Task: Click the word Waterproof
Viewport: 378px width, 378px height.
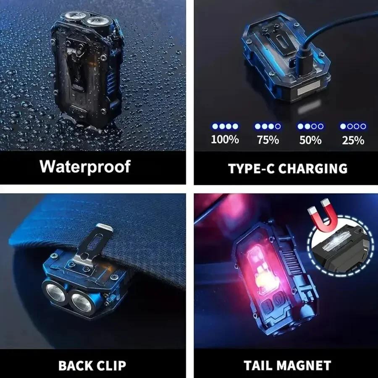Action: [85, 166]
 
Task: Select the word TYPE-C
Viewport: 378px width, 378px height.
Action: [250, 168]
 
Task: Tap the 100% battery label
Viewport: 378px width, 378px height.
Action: [225, 139]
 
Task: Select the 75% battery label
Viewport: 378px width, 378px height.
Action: [268, 139]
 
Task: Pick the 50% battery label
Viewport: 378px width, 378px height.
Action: [310, 139]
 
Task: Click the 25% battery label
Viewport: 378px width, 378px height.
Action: [353, 139]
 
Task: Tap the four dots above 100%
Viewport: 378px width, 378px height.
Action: [225, 126]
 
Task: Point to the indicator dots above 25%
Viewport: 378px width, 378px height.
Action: [353, 126]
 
